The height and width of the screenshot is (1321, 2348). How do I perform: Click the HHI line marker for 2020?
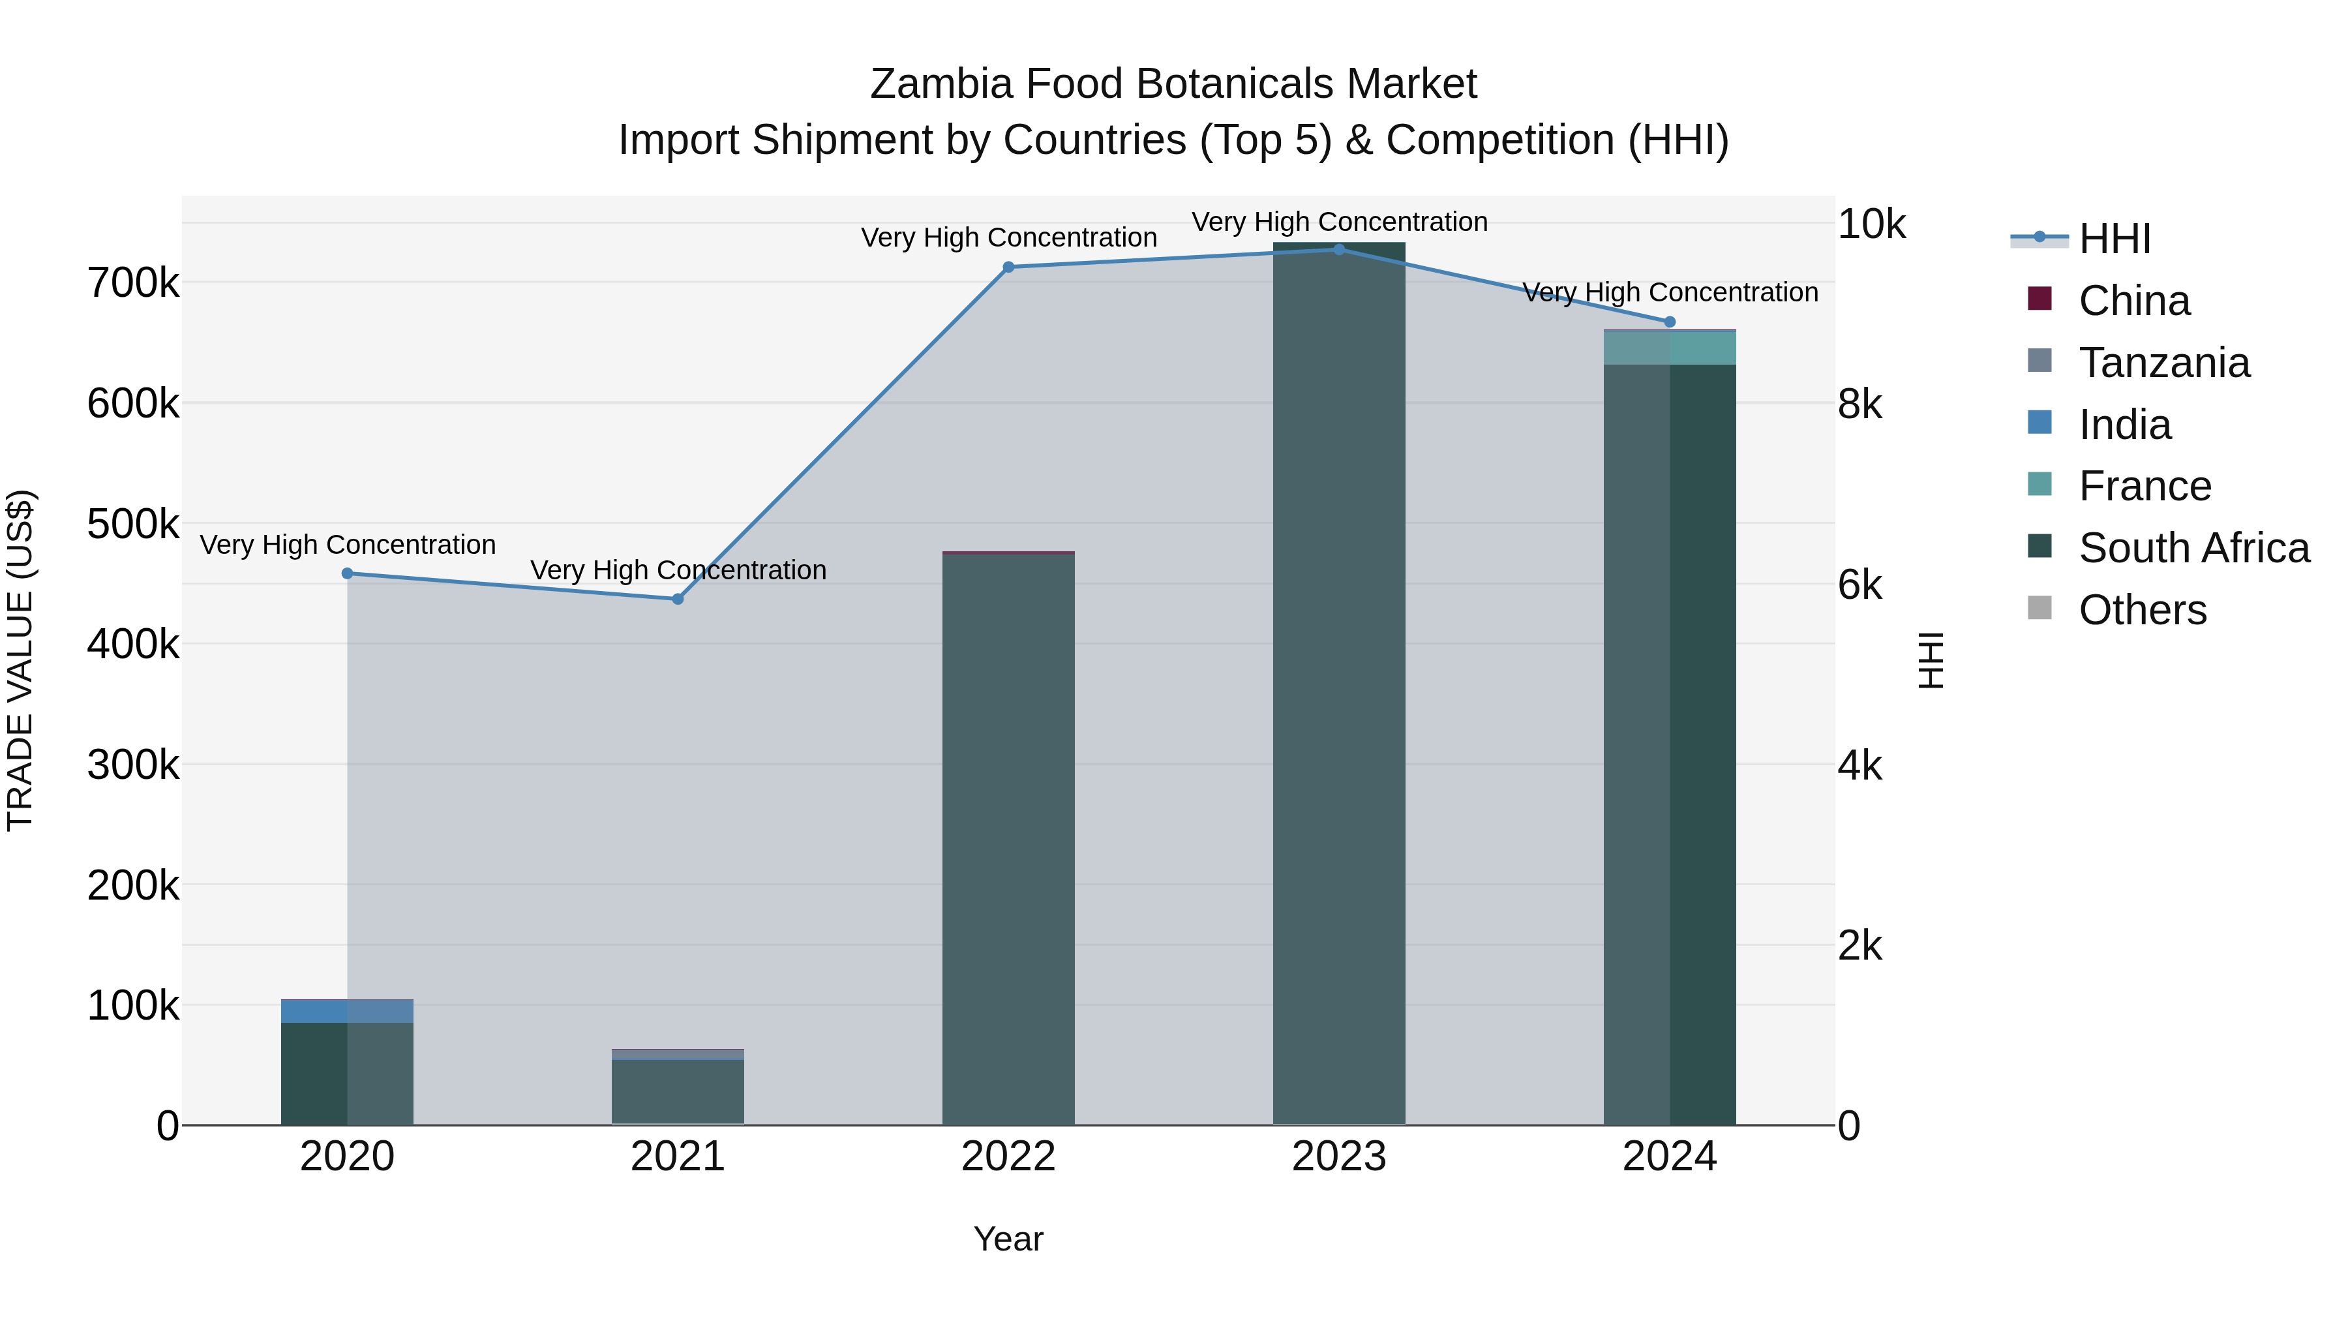347,573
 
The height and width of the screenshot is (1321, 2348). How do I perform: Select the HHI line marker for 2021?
677,599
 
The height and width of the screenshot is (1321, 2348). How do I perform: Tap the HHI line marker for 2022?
1008,267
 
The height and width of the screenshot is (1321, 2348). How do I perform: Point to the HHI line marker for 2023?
1339,250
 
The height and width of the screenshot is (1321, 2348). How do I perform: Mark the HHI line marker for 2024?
1670,322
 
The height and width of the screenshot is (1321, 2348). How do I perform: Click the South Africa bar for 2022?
1008,839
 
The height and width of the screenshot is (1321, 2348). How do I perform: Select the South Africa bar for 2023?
1339,684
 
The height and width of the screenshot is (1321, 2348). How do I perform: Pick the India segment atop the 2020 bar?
347,1012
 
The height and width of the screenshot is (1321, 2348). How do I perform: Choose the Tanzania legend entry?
2164,363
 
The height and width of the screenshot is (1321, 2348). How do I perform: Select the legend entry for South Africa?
2193,548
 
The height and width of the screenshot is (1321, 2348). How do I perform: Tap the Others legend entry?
2142,610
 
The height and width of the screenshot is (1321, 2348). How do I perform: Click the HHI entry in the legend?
2115,239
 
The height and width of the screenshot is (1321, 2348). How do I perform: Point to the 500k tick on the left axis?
133,524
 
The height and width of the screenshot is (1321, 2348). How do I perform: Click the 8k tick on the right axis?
1859,404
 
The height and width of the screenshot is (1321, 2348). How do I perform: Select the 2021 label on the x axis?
677,1157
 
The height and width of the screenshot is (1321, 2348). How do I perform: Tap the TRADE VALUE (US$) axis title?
20,660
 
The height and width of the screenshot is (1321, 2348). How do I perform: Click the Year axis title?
1008,1239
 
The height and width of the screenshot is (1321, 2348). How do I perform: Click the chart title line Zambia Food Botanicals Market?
1173,84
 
